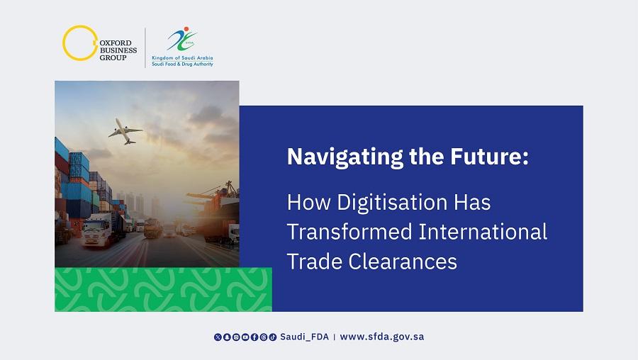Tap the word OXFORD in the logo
[x=116, y=43]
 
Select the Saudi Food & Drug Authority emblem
[x=182, y=39]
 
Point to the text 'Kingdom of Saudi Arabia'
[x=182, y=58]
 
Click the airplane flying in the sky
[x=125, y=131]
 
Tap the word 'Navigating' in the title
[x=345, y=157]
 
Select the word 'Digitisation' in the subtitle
[x=392, y=203]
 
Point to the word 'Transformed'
[x=349, y=232]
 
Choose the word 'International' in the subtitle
[x=483, y=232]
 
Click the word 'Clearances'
[x=403, y=261]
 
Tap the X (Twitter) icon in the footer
[x=218, y=337]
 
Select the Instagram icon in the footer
[x=236, y=337]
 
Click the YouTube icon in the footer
[x=245, y=337]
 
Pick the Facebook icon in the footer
[x=254, y=337]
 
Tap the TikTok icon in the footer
[x=273, y=337]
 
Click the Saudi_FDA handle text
[x=304, y=337]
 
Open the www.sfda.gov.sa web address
[x=381, y=337]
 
